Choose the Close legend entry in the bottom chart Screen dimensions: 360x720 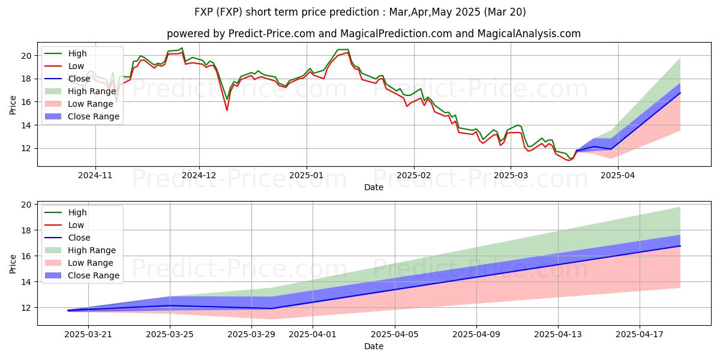click(79, 238)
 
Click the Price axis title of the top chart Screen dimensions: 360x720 click(13, 104)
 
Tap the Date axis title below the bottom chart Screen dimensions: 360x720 click(373, 347)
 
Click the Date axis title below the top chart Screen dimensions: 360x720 click(373, 187)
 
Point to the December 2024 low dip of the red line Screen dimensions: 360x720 click(227, 110)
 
